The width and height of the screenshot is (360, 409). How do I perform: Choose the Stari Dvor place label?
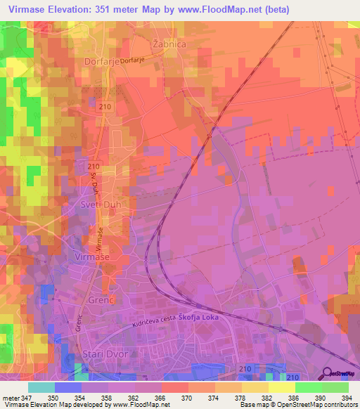point(105,353)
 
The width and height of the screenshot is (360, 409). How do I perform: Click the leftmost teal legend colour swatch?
point(41,387)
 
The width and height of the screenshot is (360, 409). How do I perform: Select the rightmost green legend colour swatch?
point(335,387)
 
